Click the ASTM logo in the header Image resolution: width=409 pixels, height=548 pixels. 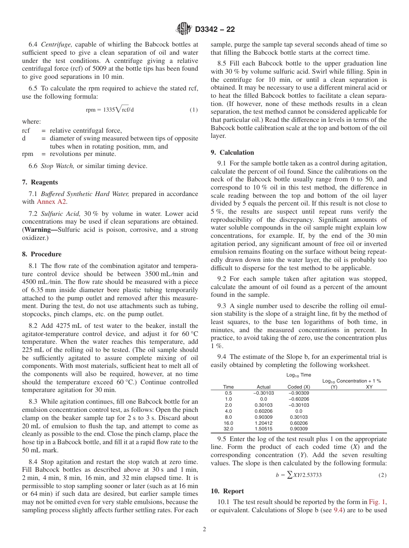(x=185, y=29)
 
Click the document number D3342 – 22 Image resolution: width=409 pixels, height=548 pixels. (x=215, y=30)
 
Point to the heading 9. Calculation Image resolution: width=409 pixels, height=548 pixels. (x=232, y=153)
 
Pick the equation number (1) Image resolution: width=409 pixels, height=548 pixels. (x=194, y=110)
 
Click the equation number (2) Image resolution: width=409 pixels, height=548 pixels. (x=382, y=475)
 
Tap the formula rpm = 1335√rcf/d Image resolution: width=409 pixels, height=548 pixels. (x=110, y=109)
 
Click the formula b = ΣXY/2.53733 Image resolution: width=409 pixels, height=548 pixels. (x=299, y=475)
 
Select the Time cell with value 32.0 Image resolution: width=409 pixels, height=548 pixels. (x=228, y=429)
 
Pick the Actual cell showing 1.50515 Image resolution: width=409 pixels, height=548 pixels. (x=263, y=429)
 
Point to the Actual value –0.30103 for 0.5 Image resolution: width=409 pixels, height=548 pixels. (x=263, y=393)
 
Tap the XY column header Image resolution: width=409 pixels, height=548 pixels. (x=369, y=387)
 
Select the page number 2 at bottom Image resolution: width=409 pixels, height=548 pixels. (x=204, y=529)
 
